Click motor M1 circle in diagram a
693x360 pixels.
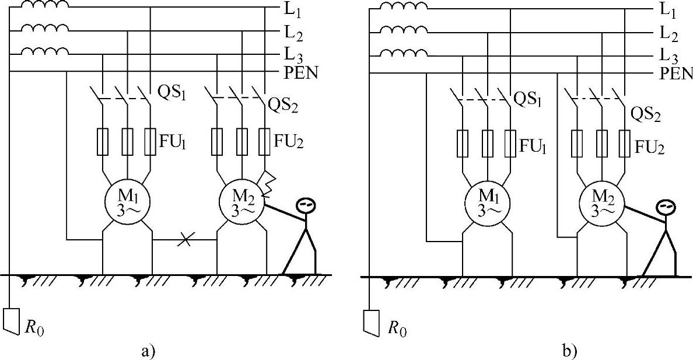[x=127, y=202]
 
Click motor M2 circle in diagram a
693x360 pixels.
[x=242, y=202]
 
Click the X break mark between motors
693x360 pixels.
[x=185, y=240]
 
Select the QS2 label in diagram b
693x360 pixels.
[x=646, y=116]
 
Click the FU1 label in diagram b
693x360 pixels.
[x=533, y=146]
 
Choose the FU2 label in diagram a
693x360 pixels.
[x=289, y=142]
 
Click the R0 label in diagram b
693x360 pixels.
[x=397, y=329]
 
